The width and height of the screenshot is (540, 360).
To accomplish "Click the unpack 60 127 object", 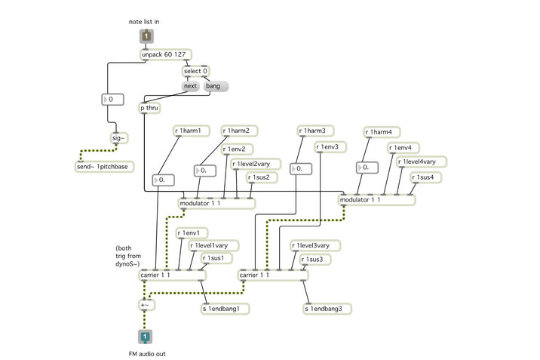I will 165,55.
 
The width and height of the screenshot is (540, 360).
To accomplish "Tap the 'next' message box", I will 190,87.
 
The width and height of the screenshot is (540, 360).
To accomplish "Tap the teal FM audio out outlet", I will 146,337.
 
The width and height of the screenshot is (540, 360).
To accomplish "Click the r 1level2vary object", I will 256,164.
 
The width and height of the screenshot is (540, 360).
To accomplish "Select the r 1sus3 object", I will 314,260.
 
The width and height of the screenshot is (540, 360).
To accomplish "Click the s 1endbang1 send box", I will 226,309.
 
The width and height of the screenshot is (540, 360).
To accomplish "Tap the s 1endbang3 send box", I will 327,309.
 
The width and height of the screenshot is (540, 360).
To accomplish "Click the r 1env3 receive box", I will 331,146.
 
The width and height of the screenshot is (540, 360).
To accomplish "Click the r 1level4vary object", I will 422,162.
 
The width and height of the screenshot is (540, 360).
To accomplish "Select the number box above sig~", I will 112,98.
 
